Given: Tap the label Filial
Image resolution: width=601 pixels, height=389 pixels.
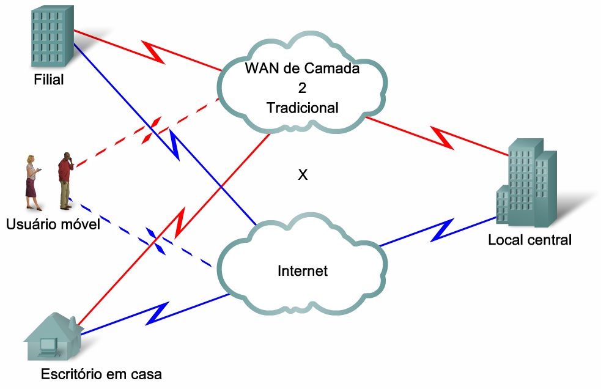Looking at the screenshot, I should point(49,80).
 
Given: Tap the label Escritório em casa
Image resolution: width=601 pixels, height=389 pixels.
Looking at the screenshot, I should point(101,374).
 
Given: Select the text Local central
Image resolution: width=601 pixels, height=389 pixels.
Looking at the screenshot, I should point(529,240).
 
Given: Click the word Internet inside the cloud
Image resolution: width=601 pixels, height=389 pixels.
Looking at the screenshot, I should point(303,271).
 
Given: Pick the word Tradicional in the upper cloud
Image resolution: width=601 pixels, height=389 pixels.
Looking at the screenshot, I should point(302,108).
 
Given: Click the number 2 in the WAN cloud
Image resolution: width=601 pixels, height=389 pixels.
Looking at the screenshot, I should point(302,88).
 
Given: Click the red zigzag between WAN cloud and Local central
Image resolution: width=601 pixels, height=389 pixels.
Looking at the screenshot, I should point(443,138).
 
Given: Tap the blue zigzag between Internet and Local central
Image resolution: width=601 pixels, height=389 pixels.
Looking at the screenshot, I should point(442,229).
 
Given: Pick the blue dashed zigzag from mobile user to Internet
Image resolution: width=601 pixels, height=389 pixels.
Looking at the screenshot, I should point(157,242).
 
